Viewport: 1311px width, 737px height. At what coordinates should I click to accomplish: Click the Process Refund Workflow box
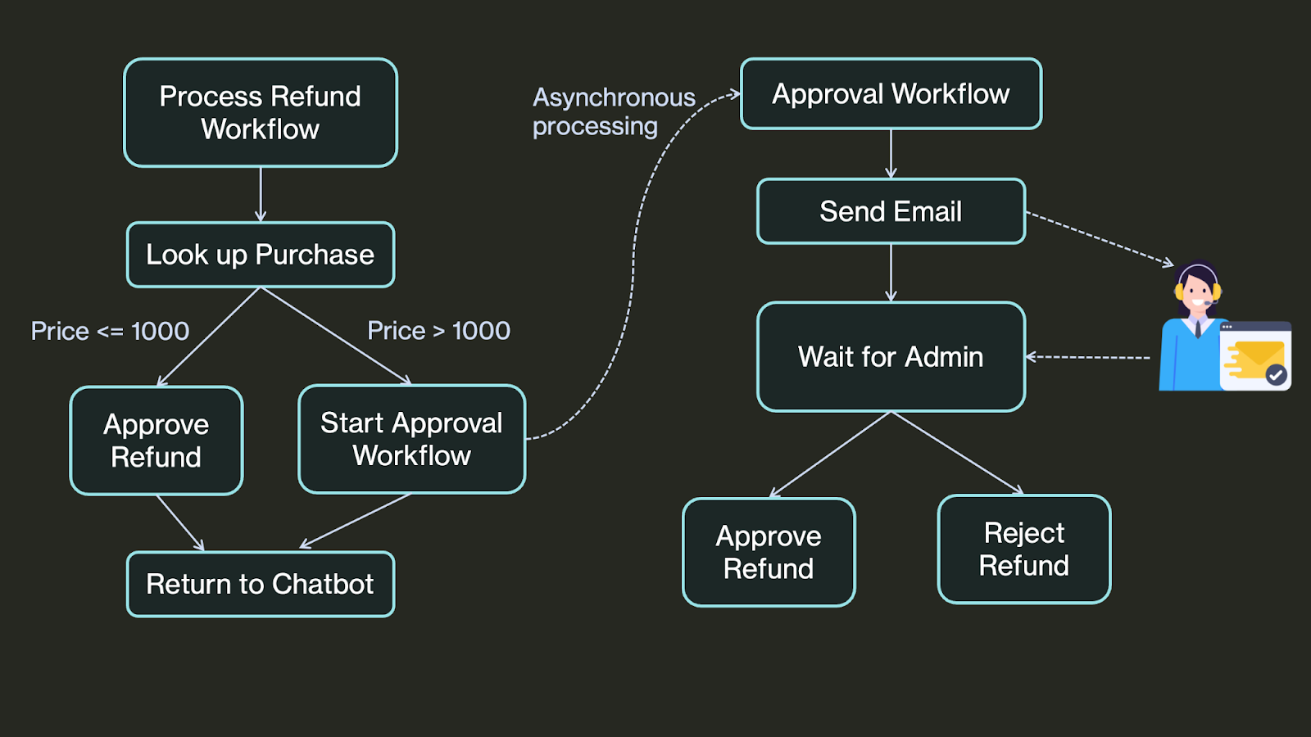[261, 112]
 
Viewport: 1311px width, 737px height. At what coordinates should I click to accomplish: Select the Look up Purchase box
[261, 255]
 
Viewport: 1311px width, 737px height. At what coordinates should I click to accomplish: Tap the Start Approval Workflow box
[412, 439]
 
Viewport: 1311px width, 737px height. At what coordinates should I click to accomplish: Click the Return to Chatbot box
[261, 584]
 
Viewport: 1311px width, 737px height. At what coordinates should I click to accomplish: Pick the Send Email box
[891, 211]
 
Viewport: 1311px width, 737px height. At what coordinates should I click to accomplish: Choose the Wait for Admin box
[891, 357]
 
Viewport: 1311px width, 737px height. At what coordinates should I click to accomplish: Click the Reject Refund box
[1024, 549]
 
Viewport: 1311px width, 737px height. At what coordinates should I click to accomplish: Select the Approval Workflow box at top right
[891, 93]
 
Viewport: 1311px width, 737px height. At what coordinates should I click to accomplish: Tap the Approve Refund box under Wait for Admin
[769, 552]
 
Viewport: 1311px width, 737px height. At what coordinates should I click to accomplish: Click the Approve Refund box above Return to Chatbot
[157, 441]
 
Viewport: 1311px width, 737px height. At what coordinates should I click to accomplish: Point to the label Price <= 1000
[110, 331]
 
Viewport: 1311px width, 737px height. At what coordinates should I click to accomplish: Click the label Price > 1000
[438, 331]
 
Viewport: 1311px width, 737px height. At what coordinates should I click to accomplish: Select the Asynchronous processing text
[614, 111]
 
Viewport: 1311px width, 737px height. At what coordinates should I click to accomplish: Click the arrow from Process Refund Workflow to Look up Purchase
[261, 195]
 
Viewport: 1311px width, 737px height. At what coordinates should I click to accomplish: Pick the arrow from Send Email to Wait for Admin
[891, 274]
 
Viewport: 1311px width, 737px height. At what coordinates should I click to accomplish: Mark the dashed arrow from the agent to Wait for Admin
[1088, 357]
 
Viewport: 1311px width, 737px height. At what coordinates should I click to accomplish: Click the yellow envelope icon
[1257, 358]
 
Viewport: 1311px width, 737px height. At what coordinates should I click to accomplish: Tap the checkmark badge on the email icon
[1276, 374]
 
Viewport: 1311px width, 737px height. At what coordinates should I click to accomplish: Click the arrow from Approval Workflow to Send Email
[891, 154]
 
